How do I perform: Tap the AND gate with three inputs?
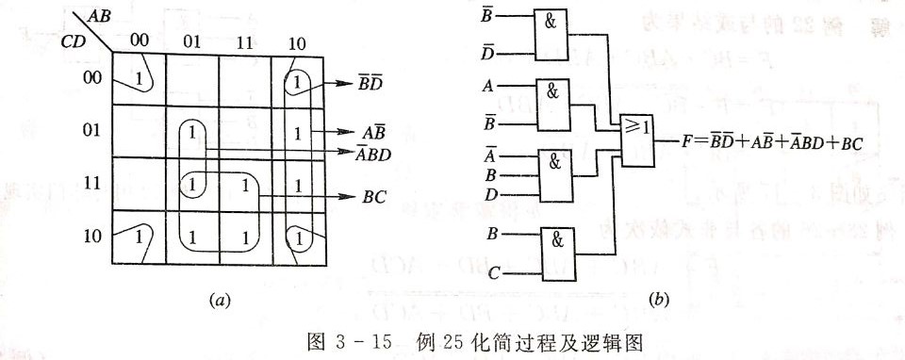pyautogui.click(x=557, y=174)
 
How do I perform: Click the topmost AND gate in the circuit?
pyautogui.click(x=557, y=37)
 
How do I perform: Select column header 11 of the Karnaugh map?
pyautogui.click(x=244, y=41)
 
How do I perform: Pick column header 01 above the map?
pyautogui.click(x=192, y=41)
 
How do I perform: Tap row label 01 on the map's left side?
pyautogui.click(x=91, y=129)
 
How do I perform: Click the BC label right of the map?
pyautogui.click(x=374, y=198)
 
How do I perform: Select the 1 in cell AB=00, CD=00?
pyautogui.click(x=140, y=77)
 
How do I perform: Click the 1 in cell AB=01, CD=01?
pyautogui.click(x=192, y=131)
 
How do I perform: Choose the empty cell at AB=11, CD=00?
pyautogui.click(x=244, y=77)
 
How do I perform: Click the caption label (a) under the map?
pyautogui.click(x=219, y=302)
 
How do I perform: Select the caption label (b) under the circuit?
pyautogui.click(x=660, y=302)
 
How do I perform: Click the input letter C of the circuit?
pyautogui.click(x=492, y=274)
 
